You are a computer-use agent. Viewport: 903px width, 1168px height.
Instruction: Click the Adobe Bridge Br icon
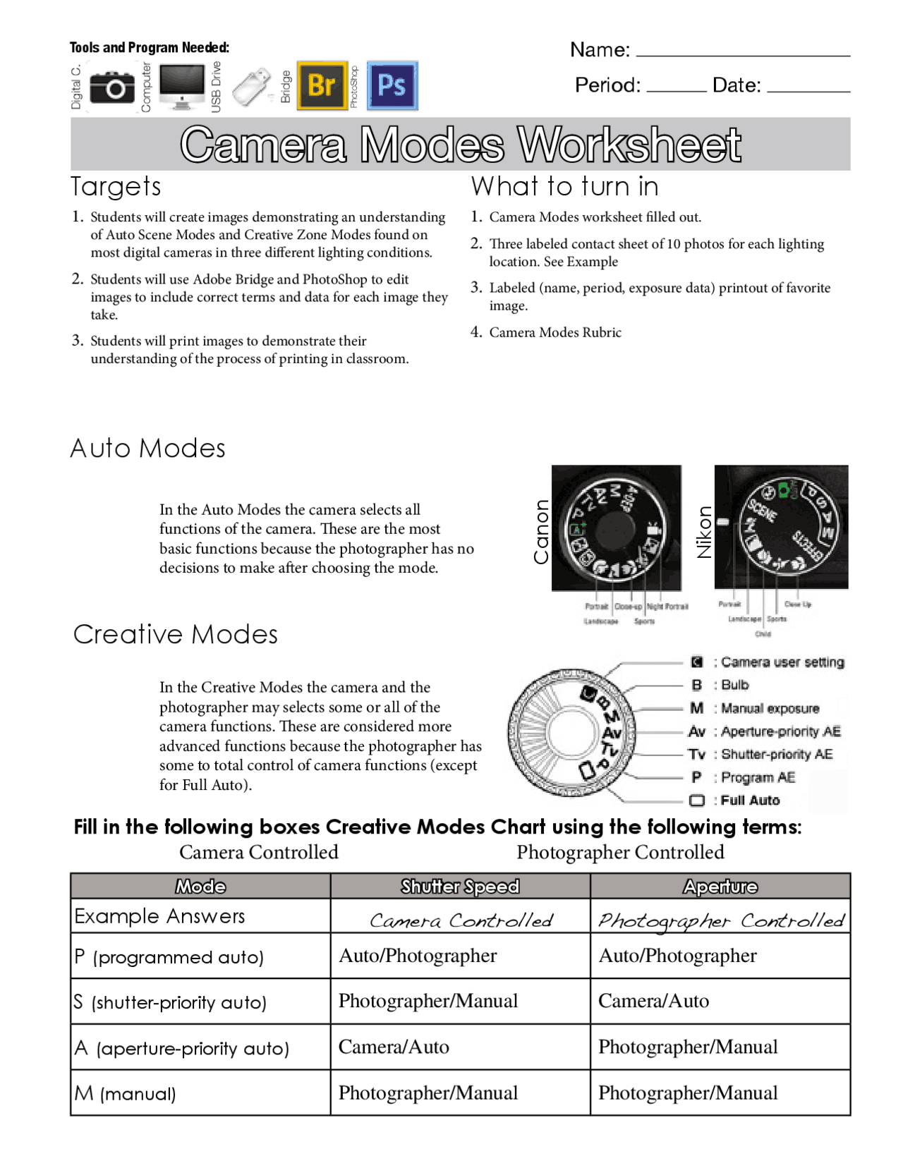(x=322, y=85)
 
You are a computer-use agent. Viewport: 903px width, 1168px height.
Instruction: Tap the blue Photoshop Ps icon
(x=392, y=85)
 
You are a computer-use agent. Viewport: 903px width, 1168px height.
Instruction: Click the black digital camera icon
(x=111, y=87)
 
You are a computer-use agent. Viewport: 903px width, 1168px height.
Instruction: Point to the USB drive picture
(x=252, y=87)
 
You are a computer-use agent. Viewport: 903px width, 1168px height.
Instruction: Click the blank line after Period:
(x=675, y=89)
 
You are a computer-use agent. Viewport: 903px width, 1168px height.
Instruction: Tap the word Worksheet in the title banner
(x=629, y=145)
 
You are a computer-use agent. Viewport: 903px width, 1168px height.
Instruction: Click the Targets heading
(x=116, y=187)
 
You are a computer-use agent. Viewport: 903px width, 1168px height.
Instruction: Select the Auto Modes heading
(x=147, y=449)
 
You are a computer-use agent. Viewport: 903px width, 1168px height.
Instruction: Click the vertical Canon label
(x=541, y=532)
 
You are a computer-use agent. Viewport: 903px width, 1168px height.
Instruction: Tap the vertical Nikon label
(x=704, y=533)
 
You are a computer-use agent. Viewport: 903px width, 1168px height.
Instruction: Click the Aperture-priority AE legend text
(x=780, y=731)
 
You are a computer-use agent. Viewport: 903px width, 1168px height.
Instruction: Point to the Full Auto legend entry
(x=749, y=801)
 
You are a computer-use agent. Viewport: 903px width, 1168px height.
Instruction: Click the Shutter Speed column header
(x=460, y=887)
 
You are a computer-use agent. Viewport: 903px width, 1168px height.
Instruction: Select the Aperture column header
(x=720, y=887)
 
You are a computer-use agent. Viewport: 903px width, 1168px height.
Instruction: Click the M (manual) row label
(x=126, y=1093)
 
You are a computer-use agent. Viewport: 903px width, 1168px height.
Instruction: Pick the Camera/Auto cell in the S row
(x=653, y=1001)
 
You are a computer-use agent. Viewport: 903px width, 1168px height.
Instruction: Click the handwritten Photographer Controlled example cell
(x=720, y=920)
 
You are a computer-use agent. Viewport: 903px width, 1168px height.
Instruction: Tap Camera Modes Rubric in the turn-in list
(x=555, y=332)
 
